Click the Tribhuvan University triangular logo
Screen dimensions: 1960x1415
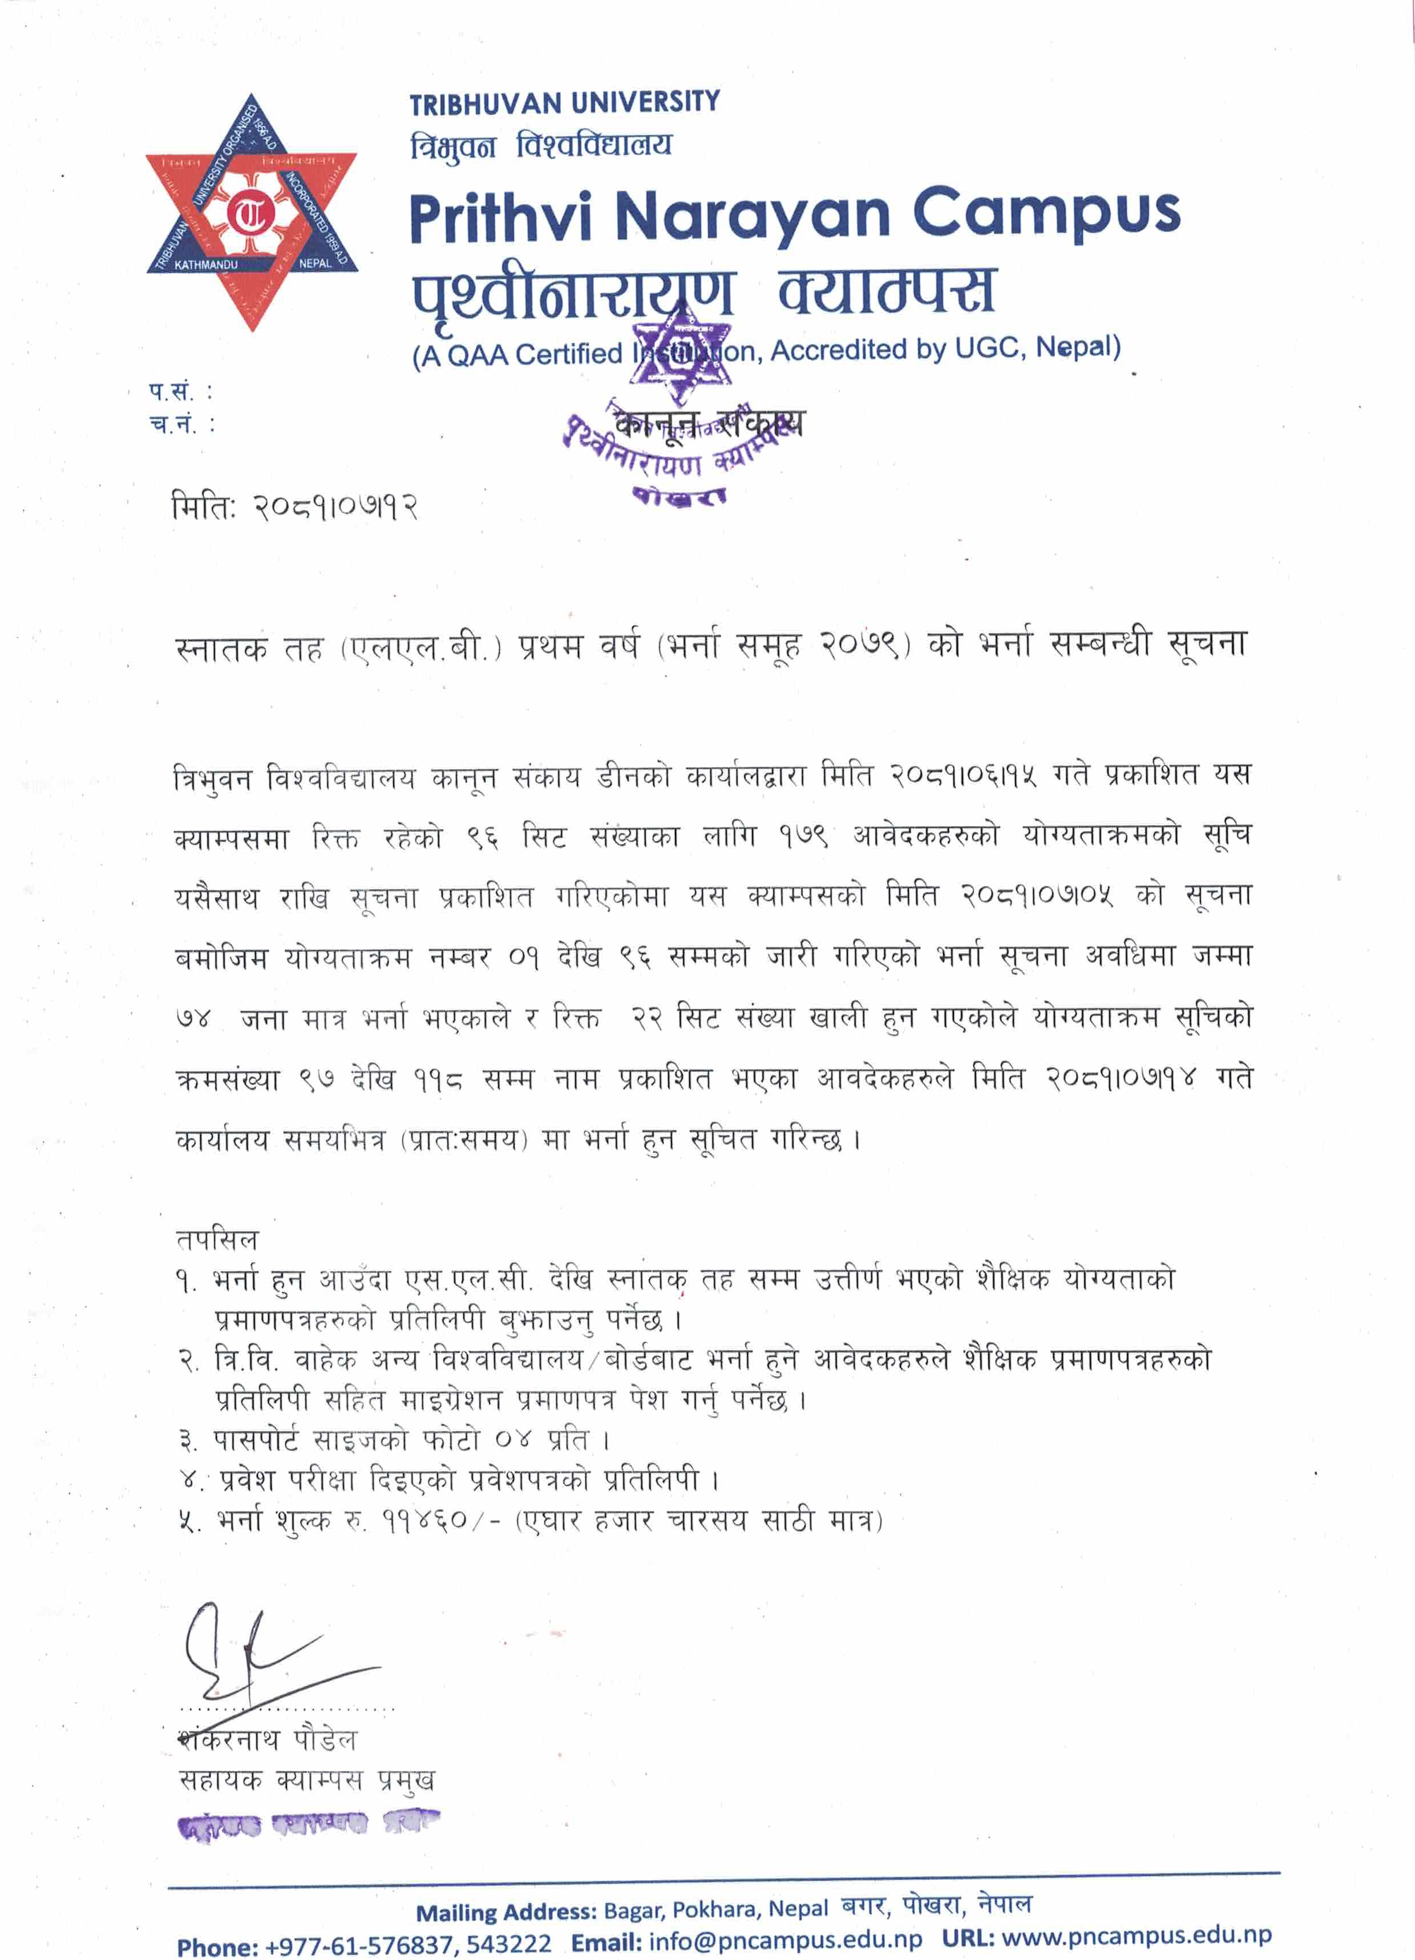[252, 212]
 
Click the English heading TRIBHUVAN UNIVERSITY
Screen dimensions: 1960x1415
[564, 104]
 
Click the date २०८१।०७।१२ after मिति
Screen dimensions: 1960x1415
[336, 505]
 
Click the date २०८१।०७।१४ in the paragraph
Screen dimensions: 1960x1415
[1121, 1079]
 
